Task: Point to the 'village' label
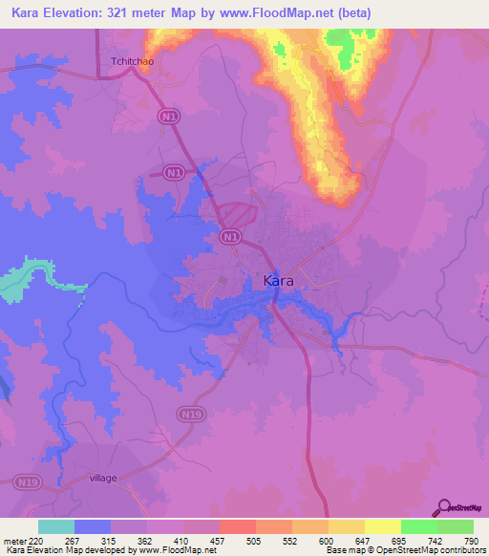(x=102, y=478)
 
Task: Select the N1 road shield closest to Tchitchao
(x=168, y=116)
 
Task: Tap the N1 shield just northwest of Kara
(x=229, y=236)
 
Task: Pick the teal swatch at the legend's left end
(x=56, y=526)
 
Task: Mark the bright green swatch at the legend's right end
(x=456, y=526)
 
